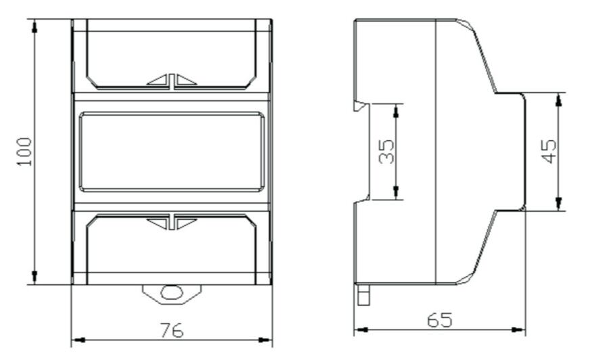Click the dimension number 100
point(24,152)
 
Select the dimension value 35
point(386,152)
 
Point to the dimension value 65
point(440,319)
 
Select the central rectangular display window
point(171,152)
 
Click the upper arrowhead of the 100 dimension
point(35,26)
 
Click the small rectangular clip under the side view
point(362,295)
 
